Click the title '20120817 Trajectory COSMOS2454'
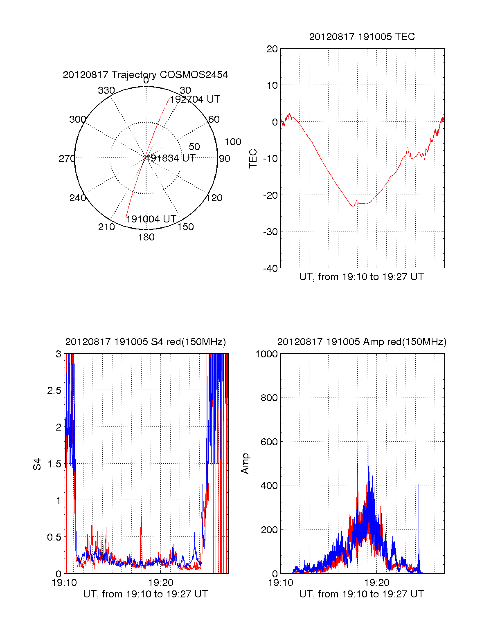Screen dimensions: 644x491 click(145, 75)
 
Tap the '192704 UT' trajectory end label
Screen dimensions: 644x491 click(195, 99)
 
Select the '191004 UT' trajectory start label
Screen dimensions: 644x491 click(151, 219)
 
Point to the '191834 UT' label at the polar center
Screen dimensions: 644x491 click(171, 158)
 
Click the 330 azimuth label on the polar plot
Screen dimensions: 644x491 click(106, 90)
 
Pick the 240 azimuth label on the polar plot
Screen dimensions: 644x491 click(78, 198)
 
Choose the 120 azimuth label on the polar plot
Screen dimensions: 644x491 click(214, 198)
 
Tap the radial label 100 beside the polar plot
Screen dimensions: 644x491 click(233, 142)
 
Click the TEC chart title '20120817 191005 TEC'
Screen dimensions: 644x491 click(362, 37)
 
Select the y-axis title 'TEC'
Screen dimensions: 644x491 click(253, 158)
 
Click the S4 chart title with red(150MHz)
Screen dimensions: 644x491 click(145, 342)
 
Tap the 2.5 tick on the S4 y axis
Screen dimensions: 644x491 click(54, 390)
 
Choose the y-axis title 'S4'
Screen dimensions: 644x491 click(37, 464)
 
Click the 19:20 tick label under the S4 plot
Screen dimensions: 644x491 click(160, 583)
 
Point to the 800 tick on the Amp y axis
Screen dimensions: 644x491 click(269, 398)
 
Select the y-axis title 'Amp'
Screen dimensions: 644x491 click(245, 464)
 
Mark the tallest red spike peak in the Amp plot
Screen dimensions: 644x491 click(358, 423)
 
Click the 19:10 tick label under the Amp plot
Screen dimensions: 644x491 click(281, 583)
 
